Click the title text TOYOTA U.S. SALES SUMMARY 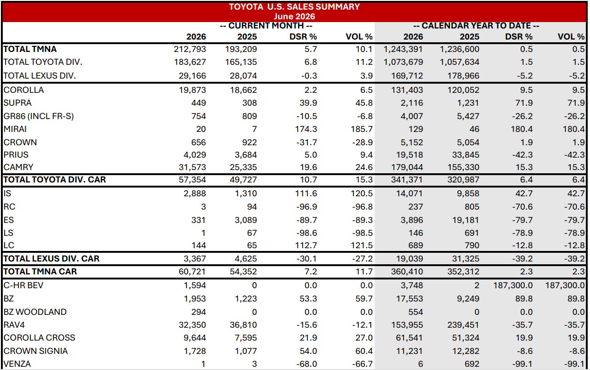click(294, 6)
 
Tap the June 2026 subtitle click(294, 16)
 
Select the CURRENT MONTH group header click(266, 26)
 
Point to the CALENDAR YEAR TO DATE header click(476, 26)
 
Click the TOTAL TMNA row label click(30, 49)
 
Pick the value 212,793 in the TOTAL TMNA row click(190, 49)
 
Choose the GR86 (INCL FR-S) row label click(39, 116)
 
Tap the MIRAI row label click(15, 129)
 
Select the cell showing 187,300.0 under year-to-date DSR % click(513, 285)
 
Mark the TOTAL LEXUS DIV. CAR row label click(52, 259)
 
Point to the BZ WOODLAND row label click(35, 312)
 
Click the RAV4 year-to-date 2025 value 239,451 click(463, 325)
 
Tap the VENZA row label click(17, 364)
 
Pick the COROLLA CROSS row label click(39, 338)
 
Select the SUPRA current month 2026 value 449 click(199, 103)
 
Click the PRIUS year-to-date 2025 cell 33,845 click(465, 155)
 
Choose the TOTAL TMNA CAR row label click(40, 272)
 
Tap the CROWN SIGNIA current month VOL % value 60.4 click(364, 351)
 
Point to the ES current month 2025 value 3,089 click(246, 220)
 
